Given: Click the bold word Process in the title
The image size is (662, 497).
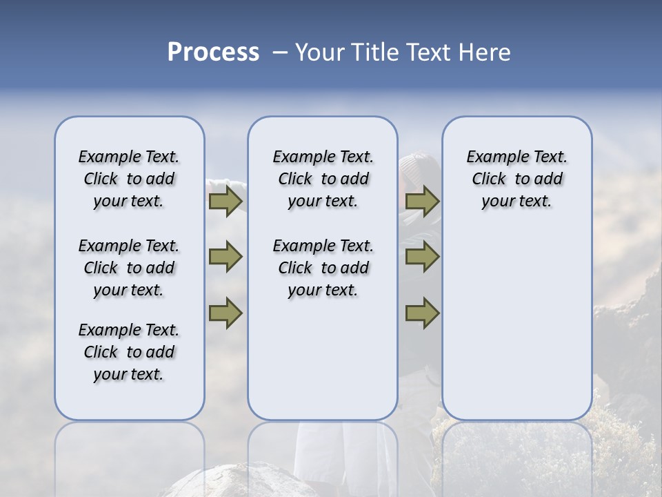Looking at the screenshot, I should coord(213,52).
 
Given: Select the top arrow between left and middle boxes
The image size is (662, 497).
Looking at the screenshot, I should coord(225,202).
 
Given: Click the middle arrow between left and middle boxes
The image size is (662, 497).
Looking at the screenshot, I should coord(225,257).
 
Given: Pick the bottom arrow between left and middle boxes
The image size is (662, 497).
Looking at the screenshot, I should coord(225,313).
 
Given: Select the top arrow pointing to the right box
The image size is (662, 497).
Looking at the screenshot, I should coord(422,202).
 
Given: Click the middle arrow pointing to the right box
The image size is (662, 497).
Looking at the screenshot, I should coord(422,257).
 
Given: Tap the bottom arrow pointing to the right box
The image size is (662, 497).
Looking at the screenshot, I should coord(422,313).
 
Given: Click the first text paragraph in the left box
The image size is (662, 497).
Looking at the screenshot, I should coord(129,179).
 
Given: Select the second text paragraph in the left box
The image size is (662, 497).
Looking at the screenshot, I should coord(129,268).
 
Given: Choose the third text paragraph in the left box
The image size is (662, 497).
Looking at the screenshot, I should coord(129,352).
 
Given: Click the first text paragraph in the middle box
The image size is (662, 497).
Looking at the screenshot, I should coord(323,179).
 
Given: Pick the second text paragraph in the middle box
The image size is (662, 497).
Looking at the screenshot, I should coord(323,268).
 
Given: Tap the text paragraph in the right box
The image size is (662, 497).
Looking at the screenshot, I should coord(516,179).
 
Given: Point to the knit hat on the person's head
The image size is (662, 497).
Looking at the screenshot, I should coord(418,164).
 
